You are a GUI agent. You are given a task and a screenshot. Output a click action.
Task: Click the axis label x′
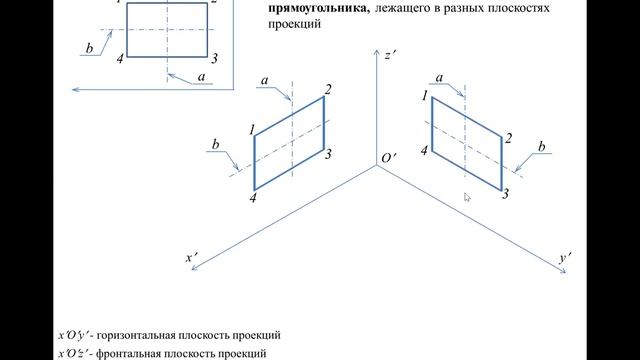click(x=192, y=258)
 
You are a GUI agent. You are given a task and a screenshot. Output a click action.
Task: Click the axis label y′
click(x=566, y=258)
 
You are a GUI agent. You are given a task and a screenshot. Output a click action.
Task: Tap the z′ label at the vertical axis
click(x=390, y=56)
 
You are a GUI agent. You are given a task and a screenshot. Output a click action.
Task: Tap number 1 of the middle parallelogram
click(x=253, y=127)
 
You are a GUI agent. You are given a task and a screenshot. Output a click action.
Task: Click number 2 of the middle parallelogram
click(x=327, y=90)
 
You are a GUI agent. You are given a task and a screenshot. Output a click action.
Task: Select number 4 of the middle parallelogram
click(x=253, y=199)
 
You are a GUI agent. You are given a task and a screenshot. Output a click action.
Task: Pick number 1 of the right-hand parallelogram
click(x=426, y=95)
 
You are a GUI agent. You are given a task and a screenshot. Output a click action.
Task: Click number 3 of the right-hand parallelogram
click(x=505, y=192)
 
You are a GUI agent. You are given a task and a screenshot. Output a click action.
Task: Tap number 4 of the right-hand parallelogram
click(x=425, y=150)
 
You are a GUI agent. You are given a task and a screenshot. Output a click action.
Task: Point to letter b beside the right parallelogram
click(x=542, y=147)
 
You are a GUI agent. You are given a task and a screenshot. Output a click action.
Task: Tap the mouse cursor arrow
click(x=467, y=197)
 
